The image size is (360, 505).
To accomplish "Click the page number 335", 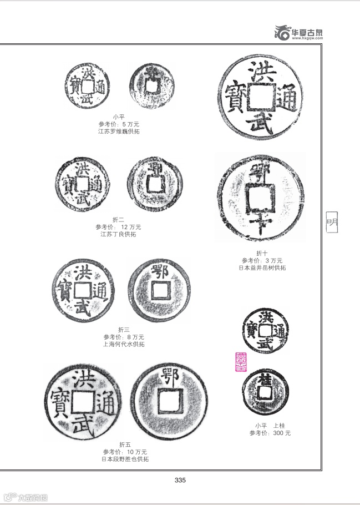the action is pyautogui.click(x=180, y=480).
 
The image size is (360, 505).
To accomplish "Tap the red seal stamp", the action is pyautogui.click(x=242, y=362).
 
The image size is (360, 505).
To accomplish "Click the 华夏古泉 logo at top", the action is pyautogui.click(x=300, y=33).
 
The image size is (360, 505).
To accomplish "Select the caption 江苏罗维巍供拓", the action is pyautogui.click(x=119, y=131).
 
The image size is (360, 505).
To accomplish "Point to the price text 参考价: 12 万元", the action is pyautogui.click(x=118, y=227).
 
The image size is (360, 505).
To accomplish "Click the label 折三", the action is pyautogui.click(x=124, y=330).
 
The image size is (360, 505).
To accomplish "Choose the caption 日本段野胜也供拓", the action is pyautogui.click(x=125, y=459).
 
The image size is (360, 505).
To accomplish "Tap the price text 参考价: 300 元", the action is pyautogui.click(x=270, y=433).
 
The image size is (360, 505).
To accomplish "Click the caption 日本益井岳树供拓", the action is pyautogui.click(x=262, y=267).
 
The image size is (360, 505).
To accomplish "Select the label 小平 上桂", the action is pyautogui.click(x=270, y=426).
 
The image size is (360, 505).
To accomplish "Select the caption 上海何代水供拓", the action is pyautogui.click(x=124, y=344).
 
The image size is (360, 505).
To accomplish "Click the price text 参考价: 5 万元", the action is pyautogui.click(x=119, y=124).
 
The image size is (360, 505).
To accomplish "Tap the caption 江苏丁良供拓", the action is pyautogui.click(x=118, y=234).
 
